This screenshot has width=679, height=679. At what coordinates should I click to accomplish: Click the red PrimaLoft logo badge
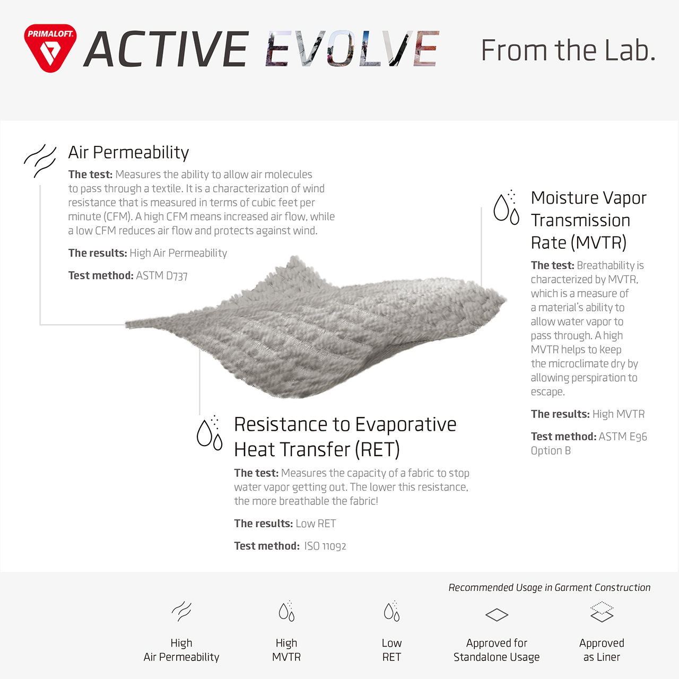50,48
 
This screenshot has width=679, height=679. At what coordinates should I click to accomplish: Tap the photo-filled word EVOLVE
352,49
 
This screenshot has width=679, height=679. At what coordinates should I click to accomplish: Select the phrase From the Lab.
568,50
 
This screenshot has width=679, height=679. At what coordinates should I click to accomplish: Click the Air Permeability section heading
128,153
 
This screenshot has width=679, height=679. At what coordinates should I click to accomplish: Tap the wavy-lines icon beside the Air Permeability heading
40,161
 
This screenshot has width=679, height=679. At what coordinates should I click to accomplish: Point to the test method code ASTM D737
162,275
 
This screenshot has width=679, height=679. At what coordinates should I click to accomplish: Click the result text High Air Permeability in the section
178,253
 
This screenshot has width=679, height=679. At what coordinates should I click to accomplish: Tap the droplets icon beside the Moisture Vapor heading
507,207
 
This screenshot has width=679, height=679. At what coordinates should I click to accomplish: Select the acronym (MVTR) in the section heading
598,242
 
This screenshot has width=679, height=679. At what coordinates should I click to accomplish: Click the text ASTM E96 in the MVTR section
623,437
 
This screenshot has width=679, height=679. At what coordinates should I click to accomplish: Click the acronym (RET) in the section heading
377,449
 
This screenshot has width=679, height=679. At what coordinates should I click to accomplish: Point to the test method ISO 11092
325,546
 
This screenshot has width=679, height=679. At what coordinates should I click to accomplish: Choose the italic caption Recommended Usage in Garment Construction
550,587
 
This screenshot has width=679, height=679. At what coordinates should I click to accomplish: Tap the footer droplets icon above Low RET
392,611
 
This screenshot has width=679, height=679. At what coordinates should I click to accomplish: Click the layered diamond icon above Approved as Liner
602,612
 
